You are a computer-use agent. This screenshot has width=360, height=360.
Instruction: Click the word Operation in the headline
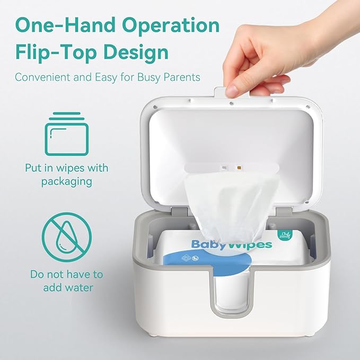(174, 25)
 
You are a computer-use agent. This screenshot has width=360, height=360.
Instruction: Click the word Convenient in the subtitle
(41, 77)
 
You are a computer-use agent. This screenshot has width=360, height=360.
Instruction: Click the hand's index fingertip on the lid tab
(231, 91)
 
